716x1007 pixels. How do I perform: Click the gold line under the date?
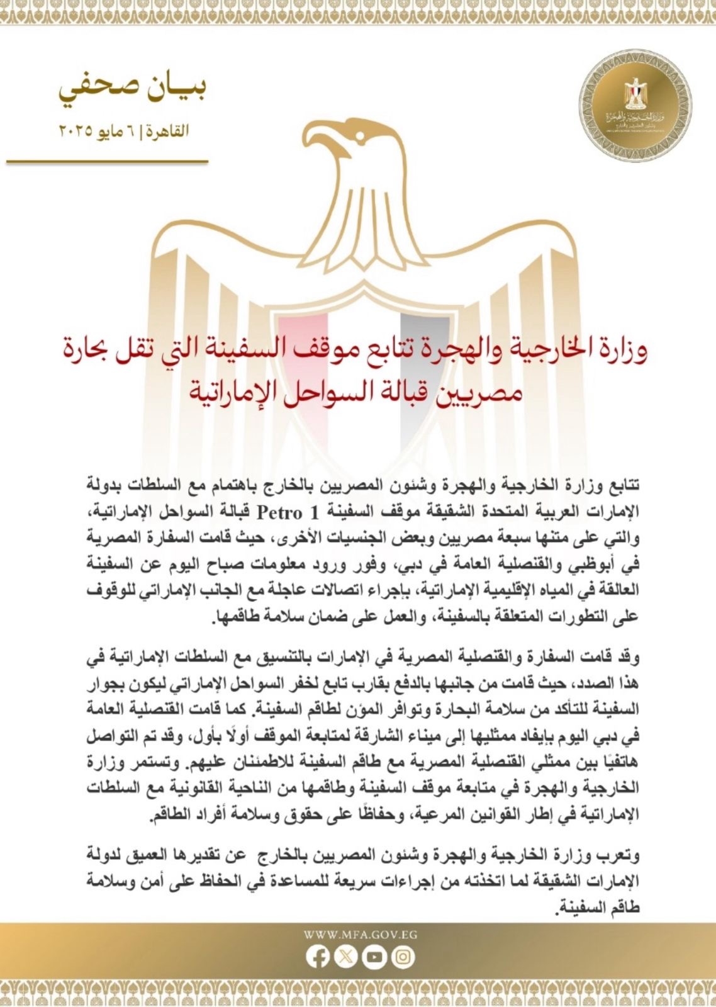(x=107, y=162)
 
